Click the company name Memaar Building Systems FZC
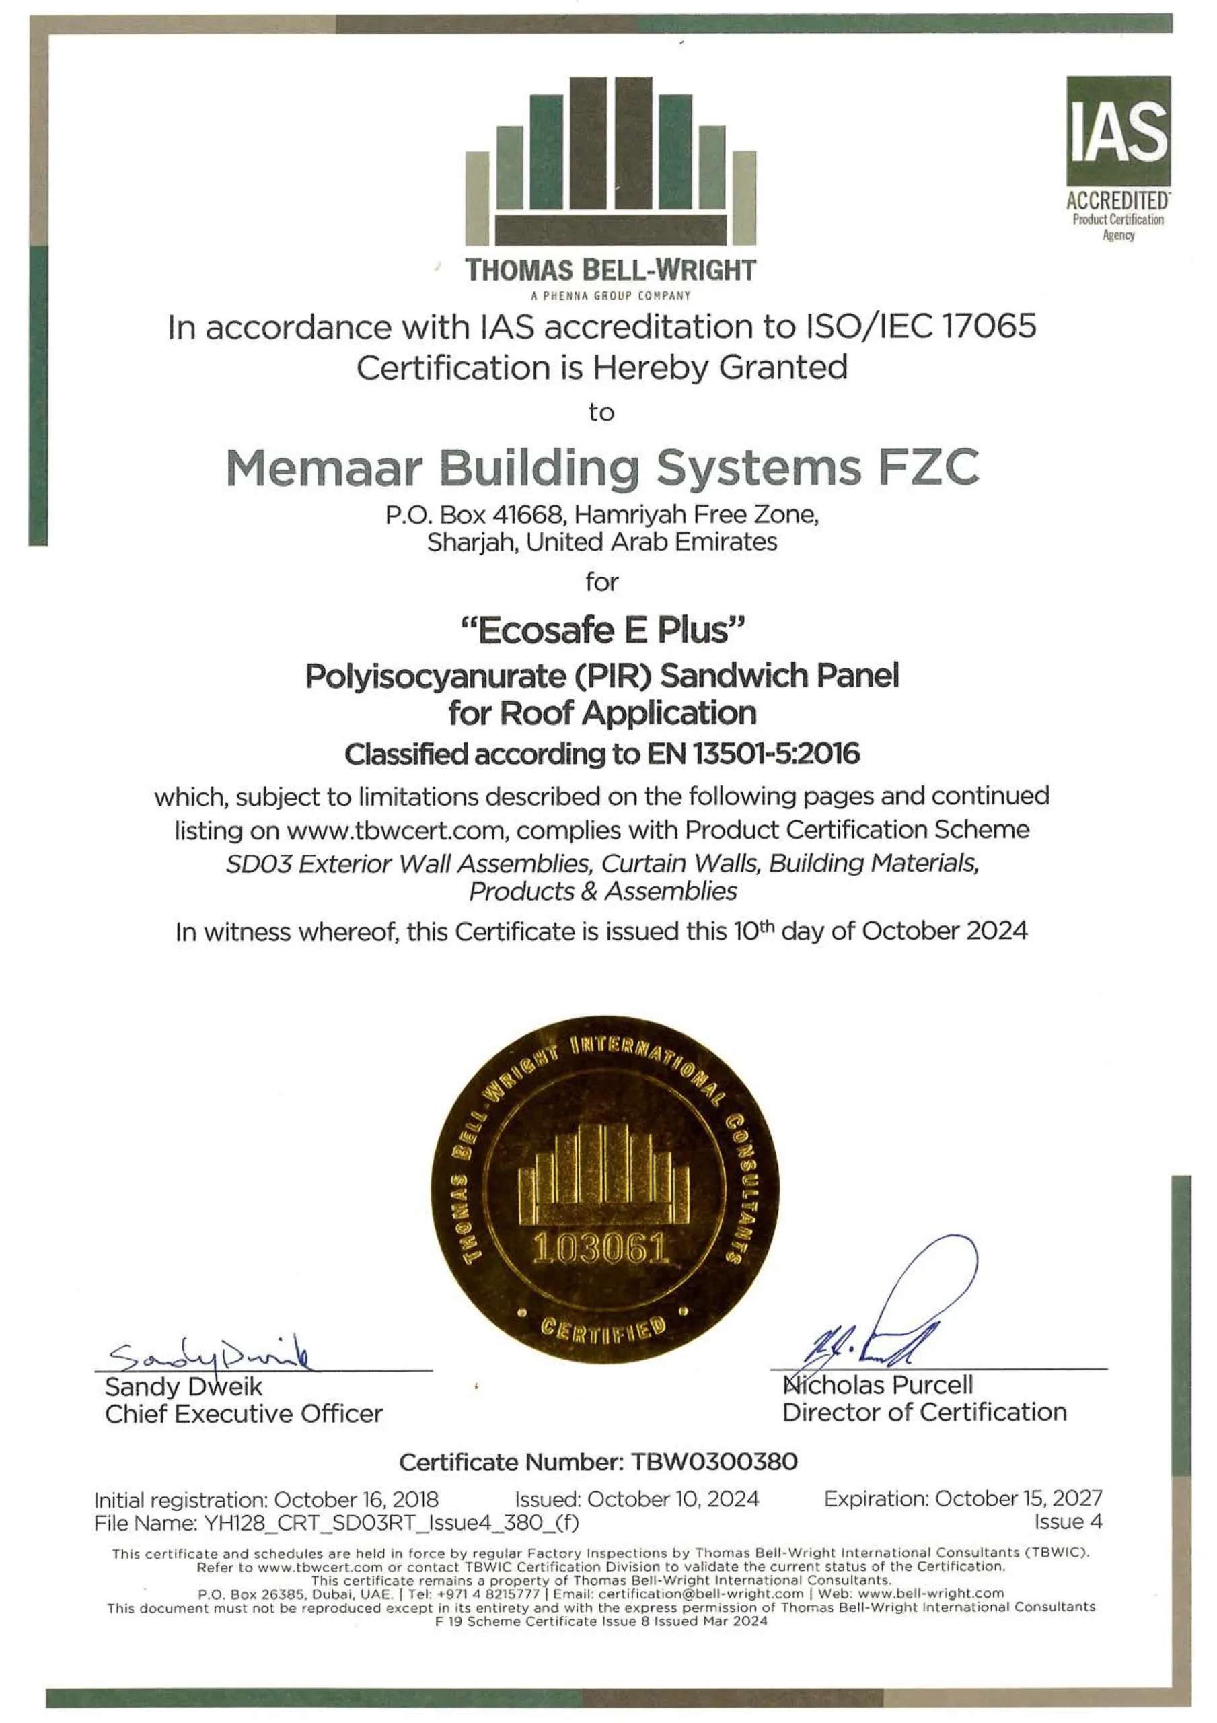603,468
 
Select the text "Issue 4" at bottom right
1068,1522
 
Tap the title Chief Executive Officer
244,1414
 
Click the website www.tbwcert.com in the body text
395,831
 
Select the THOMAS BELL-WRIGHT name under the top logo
610,270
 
